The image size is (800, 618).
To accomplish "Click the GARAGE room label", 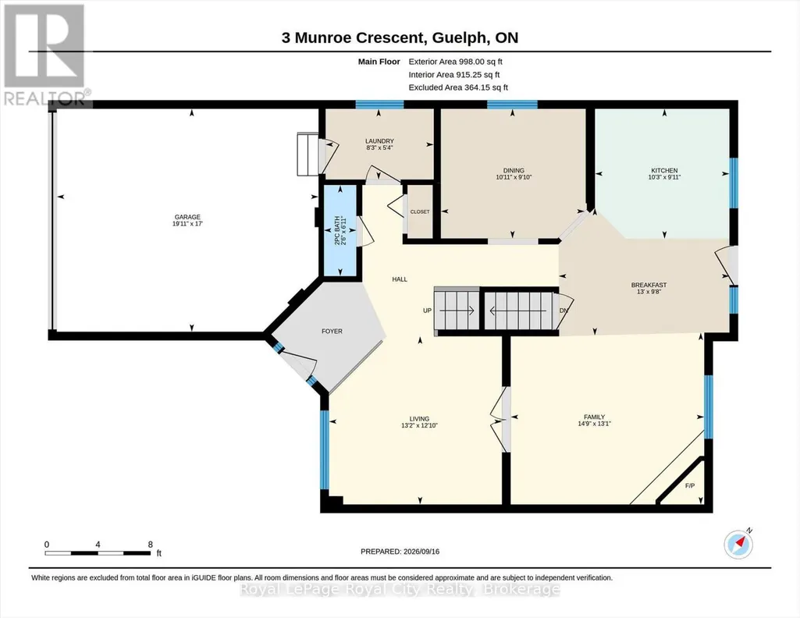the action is click(187, 217).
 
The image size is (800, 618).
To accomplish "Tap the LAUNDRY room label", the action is click(379, 141).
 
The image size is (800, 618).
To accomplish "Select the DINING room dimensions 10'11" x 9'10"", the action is click(514, 177).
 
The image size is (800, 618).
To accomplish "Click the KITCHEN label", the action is click(664, 170).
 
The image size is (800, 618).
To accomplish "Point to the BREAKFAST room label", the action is click(649, 285).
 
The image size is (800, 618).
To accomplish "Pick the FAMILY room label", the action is click(595, 417).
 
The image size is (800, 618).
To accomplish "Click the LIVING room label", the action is click(419, 418).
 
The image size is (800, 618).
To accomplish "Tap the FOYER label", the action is click(332, 331).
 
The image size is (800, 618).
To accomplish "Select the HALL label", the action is click(400, 279).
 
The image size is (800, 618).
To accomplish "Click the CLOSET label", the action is click(420, 211).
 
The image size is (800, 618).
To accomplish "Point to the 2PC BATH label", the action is click(336, 230).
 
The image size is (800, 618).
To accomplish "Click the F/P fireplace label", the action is click(690, 485).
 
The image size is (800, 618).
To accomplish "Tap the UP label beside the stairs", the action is click(427, 311).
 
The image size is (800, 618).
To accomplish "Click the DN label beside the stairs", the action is click(564, 311).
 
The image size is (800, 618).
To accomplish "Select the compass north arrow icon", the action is click(738, 544).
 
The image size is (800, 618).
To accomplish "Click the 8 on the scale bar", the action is click(151, 544).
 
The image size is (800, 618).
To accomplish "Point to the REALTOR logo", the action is click(46, 55).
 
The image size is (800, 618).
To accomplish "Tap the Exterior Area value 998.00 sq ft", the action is click(481, 62).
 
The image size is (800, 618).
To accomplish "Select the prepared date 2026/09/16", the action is click(421, 551).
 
